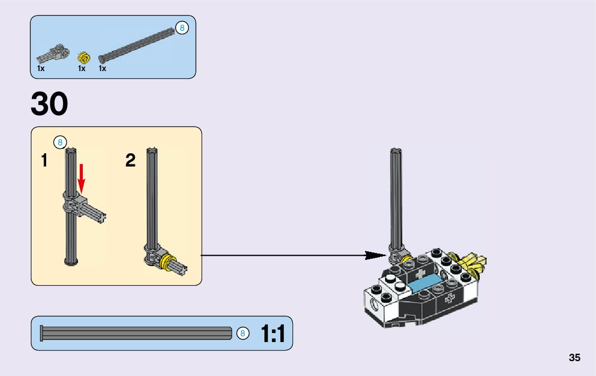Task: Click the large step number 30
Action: [x=49, y=104]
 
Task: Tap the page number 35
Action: [x=574, y=357]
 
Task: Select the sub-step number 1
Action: [x=45, y=160]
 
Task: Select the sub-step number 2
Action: [x=131, y=160]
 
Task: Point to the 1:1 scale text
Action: [x=273, y=334]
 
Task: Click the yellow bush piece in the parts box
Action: [x=82, y=57]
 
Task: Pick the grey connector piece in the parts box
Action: [x=53, y=54]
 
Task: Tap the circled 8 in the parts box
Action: [x=182, y=28]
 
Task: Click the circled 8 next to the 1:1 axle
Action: [x=242, y=334]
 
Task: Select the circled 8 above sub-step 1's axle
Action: [x=60, y=142]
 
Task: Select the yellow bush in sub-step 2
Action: [x=168, y=261]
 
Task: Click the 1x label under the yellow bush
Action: [x=82, y=68]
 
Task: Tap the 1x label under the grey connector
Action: [x=41, y=68]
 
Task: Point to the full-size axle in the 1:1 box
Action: [x=136, y=334]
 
